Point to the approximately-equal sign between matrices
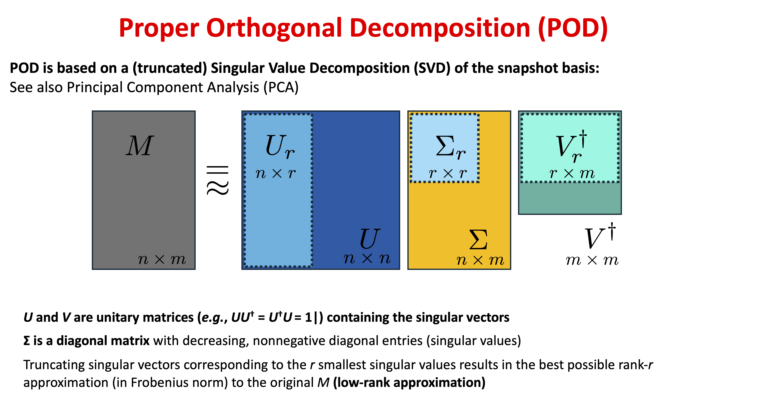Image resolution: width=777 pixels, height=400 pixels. point(217,180)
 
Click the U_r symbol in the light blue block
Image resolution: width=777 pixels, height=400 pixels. point(280,147)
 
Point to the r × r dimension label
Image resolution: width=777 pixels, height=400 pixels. point(448,173)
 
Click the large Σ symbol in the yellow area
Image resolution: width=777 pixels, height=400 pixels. point(478,239)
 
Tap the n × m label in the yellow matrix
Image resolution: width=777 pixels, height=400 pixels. point(480,260)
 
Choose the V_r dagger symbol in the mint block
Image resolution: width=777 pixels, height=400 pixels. point(571,146)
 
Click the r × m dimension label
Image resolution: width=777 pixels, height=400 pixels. point(572,173)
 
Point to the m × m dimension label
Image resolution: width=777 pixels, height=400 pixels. point(592,260)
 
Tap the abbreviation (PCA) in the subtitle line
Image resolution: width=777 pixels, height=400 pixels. point(281,87)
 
